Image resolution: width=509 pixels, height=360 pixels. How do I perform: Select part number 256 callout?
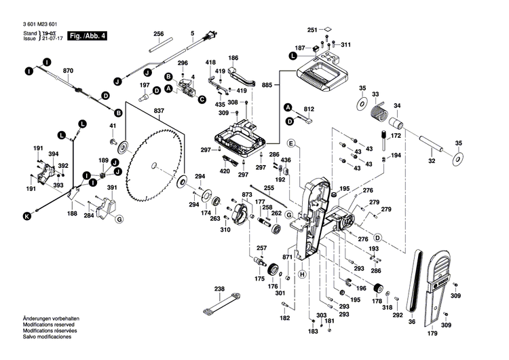pyautogui.click(x=158, y=33)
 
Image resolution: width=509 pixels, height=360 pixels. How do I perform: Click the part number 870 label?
pyautogui.click(x=67, y=71)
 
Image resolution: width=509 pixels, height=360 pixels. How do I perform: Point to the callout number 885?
pyautogui.click(x=266, y=85)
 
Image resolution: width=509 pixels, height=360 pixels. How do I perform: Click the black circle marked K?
pyautogui.click(x=27, y=217)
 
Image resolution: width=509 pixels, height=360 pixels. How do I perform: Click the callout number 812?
pyautogui.click(x=309, y=109)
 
